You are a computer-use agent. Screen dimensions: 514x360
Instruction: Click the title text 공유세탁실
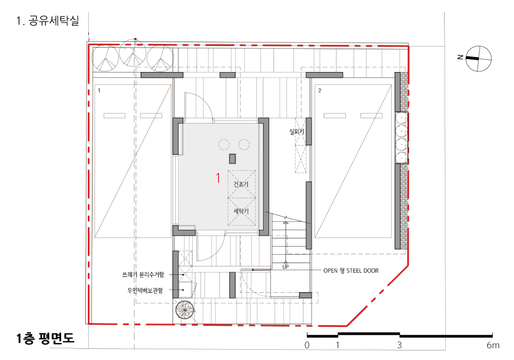click(x=54, y=21)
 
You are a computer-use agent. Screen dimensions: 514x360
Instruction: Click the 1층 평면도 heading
click(x=45, y=338)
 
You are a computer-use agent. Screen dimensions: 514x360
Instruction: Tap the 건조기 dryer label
click(x=241, y=184)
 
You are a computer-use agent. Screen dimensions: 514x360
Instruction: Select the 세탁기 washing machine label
click(x=241, y=211)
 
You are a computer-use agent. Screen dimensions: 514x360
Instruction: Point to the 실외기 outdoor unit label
click(x=297, y=132)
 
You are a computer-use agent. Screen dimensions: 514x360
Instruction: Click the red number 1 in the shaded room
click(x=218, y=178)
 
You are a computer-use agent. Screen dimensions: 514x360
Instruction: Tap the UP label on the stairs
click(x=285, y=267)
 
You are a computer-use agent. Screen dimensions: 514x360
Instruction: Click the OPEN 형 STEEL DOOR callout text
click(x=351, y=271)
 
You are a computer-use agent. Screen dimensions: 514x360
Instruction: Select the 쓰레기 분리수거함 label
click(x=143, y=275)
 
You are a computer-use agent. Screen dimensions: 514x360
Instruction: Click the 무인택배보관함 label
click(x=145, y=290)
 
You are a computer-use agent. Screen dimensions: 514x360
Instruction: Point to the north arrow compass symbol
click(x=479, y=58)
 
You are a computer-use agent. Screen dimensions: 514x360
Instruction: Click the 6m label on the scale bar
click(x=493, y=345)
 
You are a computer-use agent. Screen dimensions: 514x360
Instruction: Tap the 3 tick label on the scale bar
click(x=399, y=345)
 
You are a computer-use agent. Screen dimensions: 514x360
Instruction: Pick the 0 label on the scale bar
click(x=307, y=345)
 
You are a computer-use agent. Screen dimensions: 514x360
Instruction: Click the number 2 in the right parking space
click(x=320, y=91)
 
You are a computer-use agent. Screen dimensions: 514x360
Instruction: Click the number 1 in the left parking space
click(x=99, y=91)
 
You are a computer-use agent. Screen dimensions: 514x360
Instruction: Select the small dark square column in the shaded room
click(x=232, y=159)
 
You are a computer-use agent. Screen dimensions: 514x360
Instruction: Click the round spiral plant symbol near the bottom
click(x=185, y=310)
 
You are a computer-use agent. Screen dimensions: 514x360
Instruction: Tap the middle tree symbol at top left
click(x=133, y=53)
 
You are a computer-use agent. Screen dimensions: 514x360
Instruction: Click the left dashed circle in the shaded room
click(x=224, y=145)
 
